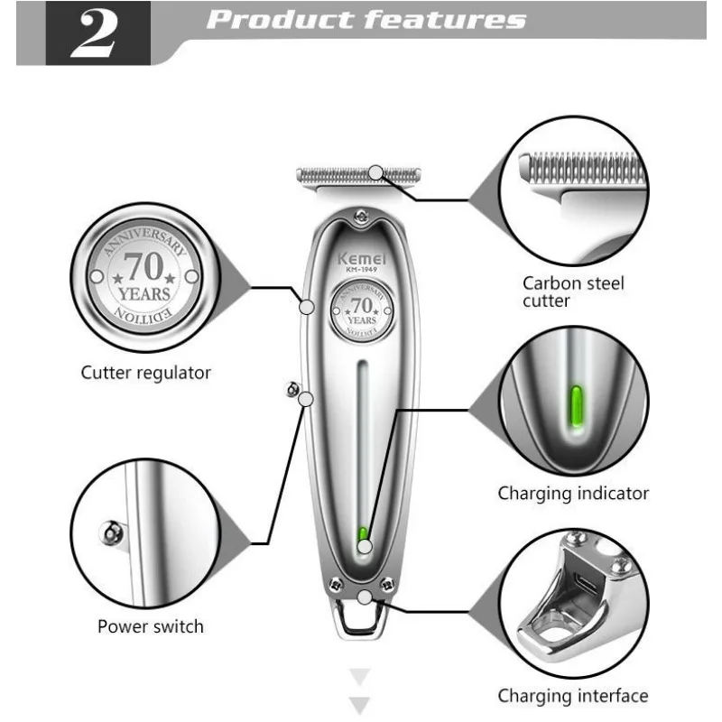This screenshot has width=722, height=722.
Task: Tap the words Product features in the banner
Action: click(366, 21)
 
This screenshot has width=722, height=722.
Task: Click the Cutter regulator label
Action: click(145, 372)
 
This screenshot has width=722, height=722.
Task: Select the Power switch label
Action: click(151, 626)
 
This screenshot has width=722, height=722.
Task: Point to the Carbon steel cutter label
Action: click(573, 292)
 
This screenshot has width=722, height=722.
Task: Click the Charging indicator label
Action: click(573, 493)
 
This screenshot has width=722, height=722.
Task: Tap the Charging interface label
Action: click(573, 696)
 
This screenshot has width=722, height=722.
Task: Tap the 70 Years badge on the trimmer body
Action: click(361, 310)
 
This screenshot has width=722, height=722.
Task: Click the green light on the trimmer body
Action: click(363, 534)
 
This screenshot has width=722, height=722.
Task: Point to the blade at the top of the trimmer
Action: click(358, 173)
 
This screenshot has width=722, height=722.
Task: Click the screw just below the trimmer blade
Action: click(362, 214)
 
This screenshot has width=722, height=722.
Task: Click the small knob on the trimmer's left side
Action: click(292, 387)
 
